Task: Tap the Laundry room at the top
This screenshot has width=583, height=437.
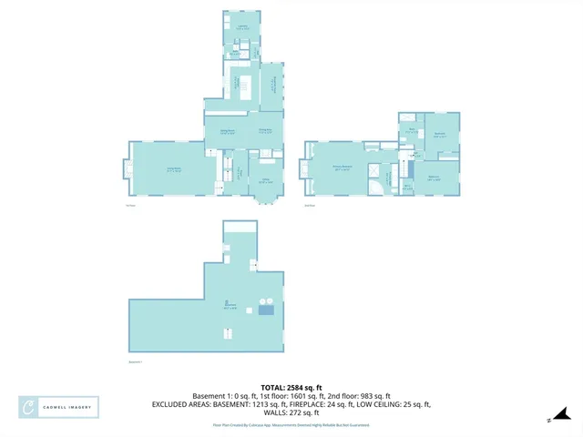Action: pyautogui.click(x=243, y=28)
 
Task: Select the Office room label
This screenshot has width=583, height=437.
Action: pyautogui.click(x=267, y=181)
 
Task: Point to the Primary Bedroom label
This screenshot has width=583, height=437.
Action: pyautogui.click(x=341, y=168)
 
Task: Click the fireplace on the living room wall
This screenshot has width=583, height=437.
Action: pyautogui.click(x=126, y=168)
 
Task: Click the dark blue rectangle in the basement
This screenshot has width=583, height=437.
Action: pyautogui.click(x=266, y=310)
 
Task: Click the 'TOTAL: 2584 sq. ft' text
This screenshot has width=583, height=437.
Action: pyautogui.click(x=291, y=387)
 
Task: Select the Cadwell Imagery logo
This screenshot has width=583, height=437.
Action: pyautogui.click(x=58, y=407)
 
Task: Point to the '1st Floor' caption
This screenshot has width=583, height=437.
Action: pyautogui.click(x=130, y=206)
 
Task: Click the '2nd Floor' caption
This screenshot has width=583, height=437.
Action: pyautogui.click(x=309, y=206)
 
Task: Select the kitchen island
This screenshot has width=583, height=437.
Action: pyautogui.click(x=243, y=86)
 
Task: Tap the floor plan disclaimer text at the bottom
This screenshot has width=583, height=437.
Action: pyautogui.click(x=291, y=424)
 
